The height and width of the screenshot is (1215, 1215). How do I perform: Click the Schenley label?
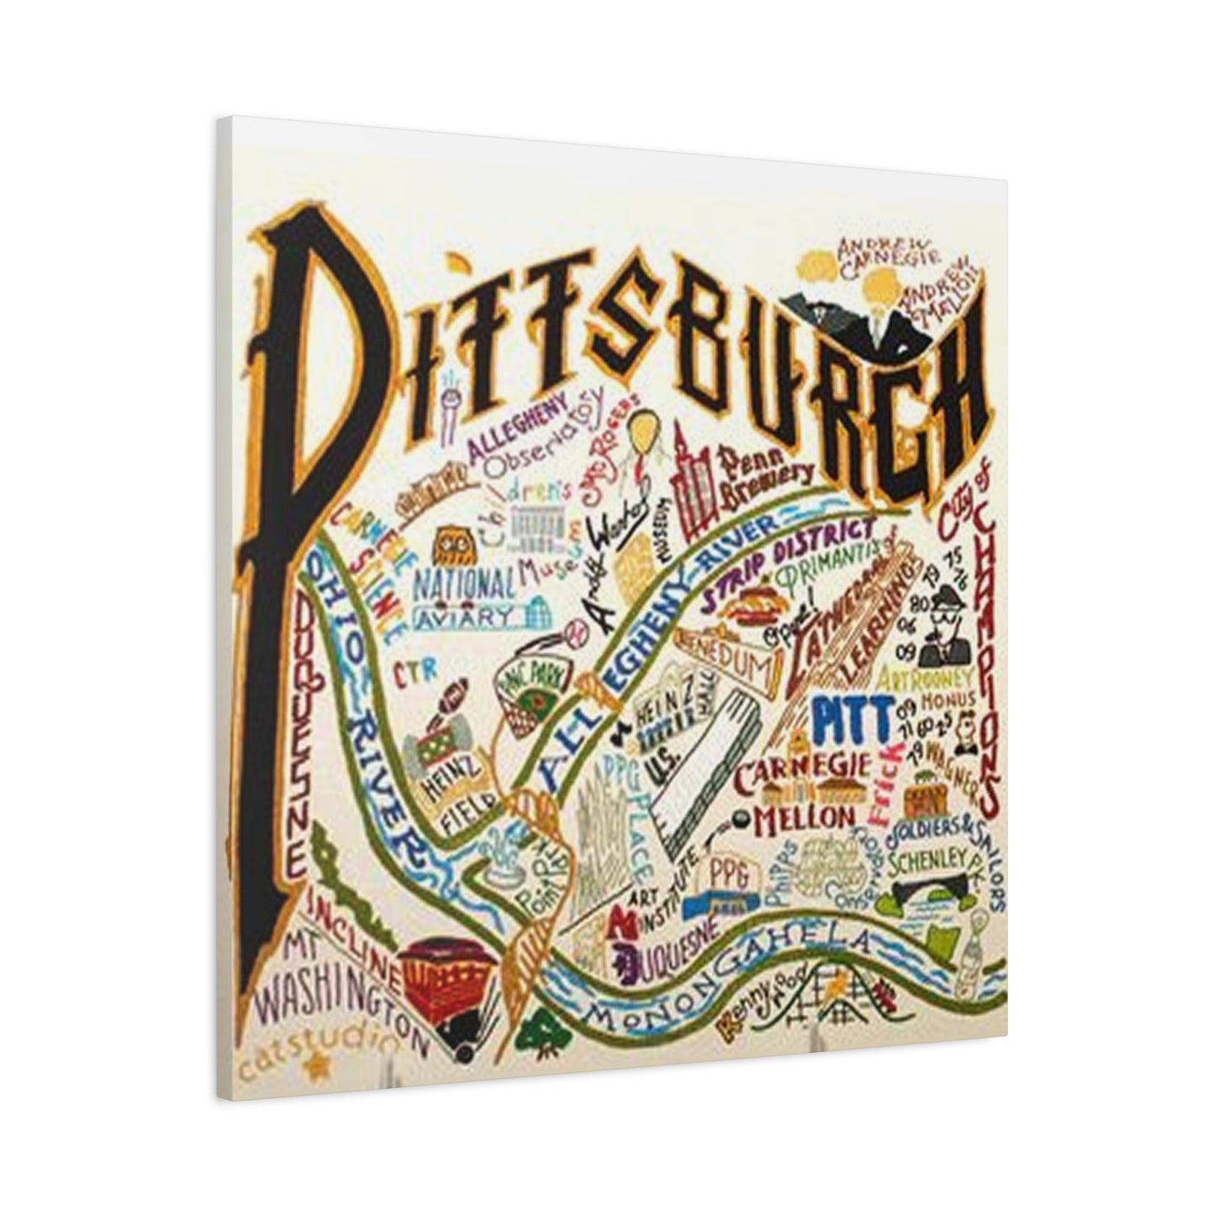click(x=925, y=860)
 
